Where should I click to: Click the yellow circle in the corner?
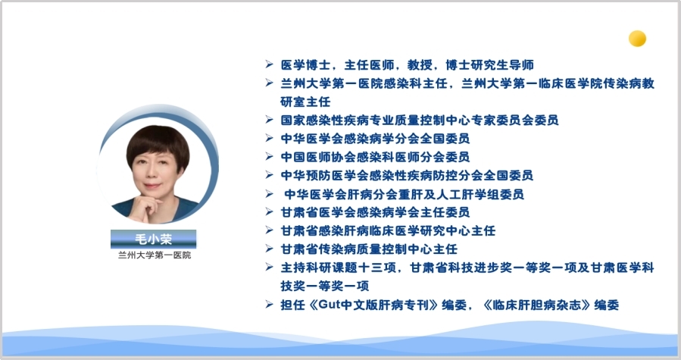click(637, 39)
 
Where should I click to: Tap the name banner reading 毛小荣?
click(153, 239)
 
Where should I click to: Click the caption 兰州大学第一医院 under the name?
click(155, 255)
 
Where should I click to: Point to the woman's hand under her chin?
click(147, 208)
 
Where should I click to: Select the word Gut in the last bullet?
click(328, 305)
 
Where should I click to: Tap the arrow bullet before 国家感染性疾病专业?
click(269, 120)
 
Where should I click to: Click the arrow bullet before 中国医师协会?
click(269, 157)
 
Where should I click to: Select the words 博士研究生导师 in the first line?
click(489, 64)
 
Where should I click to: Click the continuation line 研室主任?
click(305, 102)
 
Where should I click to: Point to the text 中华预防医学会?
click(325, 175)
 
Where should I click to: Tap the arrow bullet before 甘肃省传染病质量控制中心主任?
click(269, 249)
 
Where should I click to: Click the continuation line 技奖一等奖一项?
click(324, 286)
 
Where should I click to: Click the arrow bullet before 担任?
click(269, 305)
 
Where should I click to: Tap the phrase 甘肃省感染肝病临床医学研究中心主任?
click(388, 230)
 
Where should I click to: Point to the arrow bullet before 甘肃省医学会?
click(269, 211)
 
